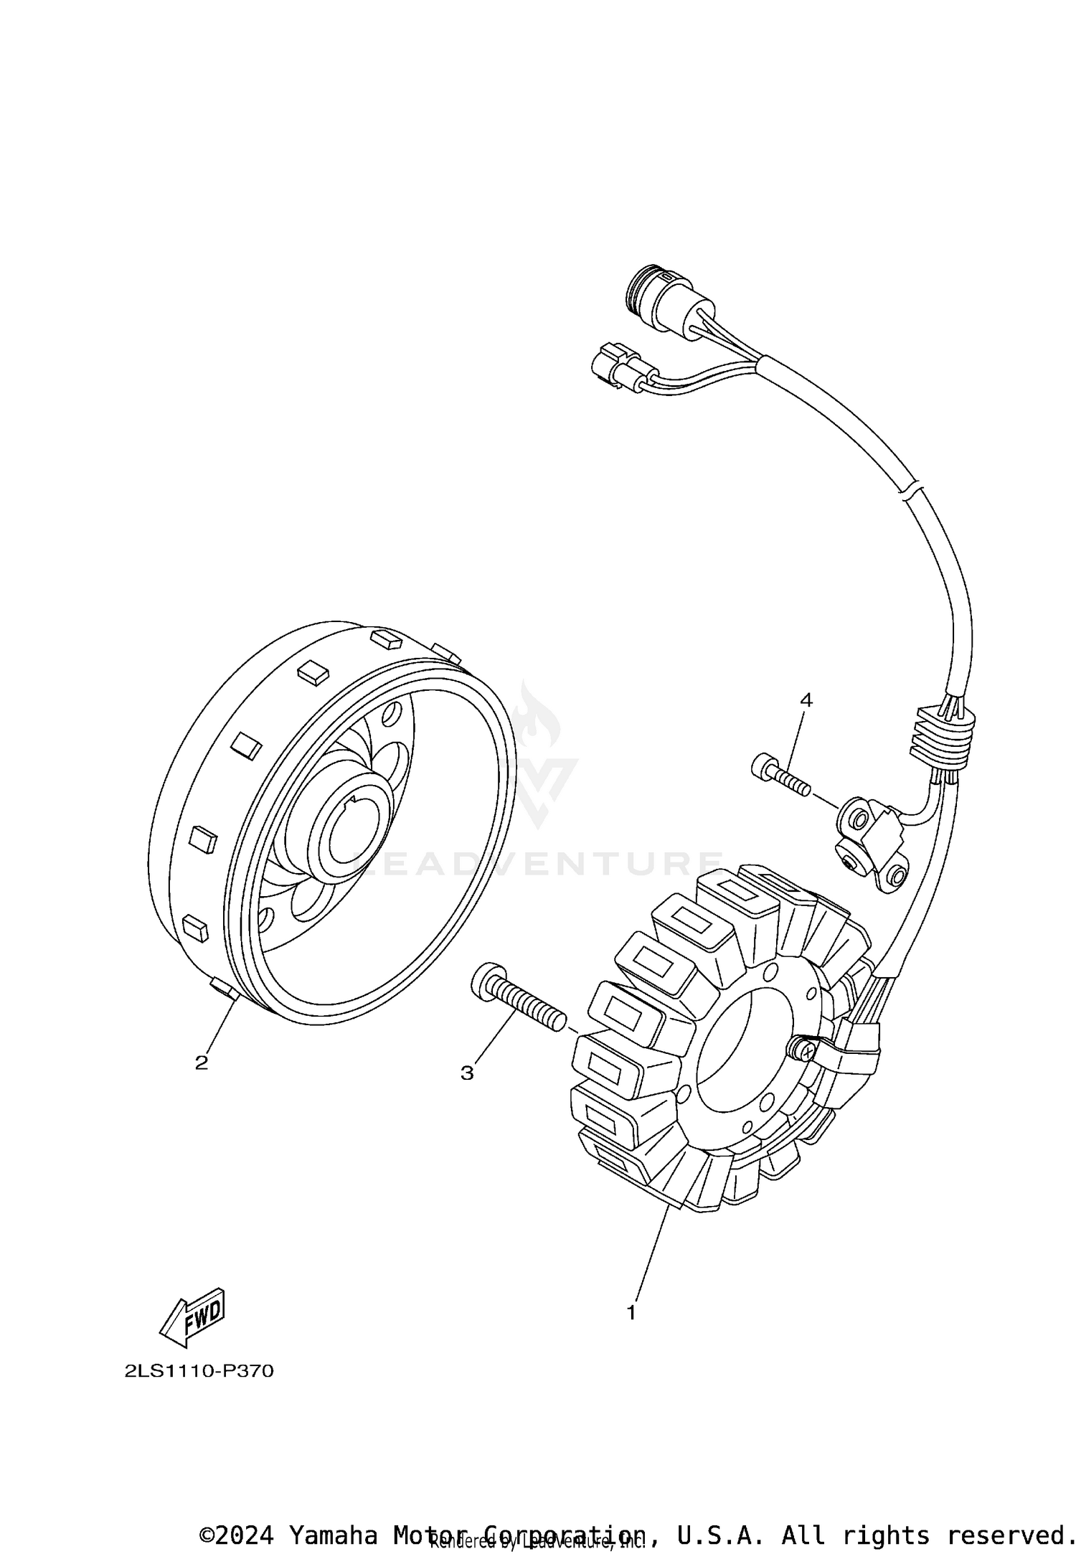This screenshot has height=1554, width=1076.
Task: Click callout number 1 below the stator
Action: click(631, 1313)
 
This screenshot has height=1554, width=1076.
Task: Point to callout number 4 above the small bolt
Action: click(806, 700)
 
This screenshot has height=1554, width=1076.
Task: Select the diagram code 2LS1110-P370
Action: click(199, 1372)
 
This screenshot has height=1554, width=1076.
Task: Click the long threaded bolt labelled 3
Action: click(519, 997)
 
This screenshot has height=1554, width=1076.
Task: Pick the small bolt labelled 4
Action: click(780, 777)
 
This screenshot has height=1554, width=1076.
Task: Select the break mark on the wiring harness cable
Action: click(908, 490)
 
